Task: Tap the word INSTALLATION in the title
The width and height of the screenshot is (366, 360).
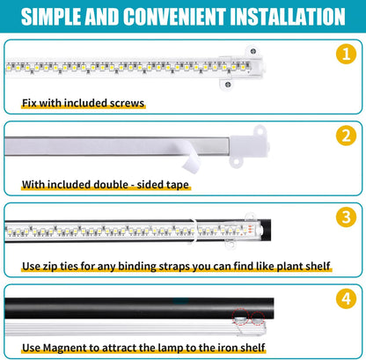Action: (281, 17)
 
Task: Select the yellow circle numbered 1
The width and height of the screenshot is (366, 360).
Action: (345, 55)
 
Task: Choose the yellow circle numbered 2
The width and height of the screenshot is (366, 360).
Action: (345, 136)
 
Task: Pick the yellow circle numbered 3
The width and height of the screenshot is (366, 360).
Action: (345, 217)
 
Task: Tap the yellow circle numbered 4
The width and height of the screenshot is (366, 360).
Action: (345, 298)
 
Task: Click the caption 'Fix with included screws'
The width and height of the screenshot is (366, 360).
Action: (84, 103)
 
